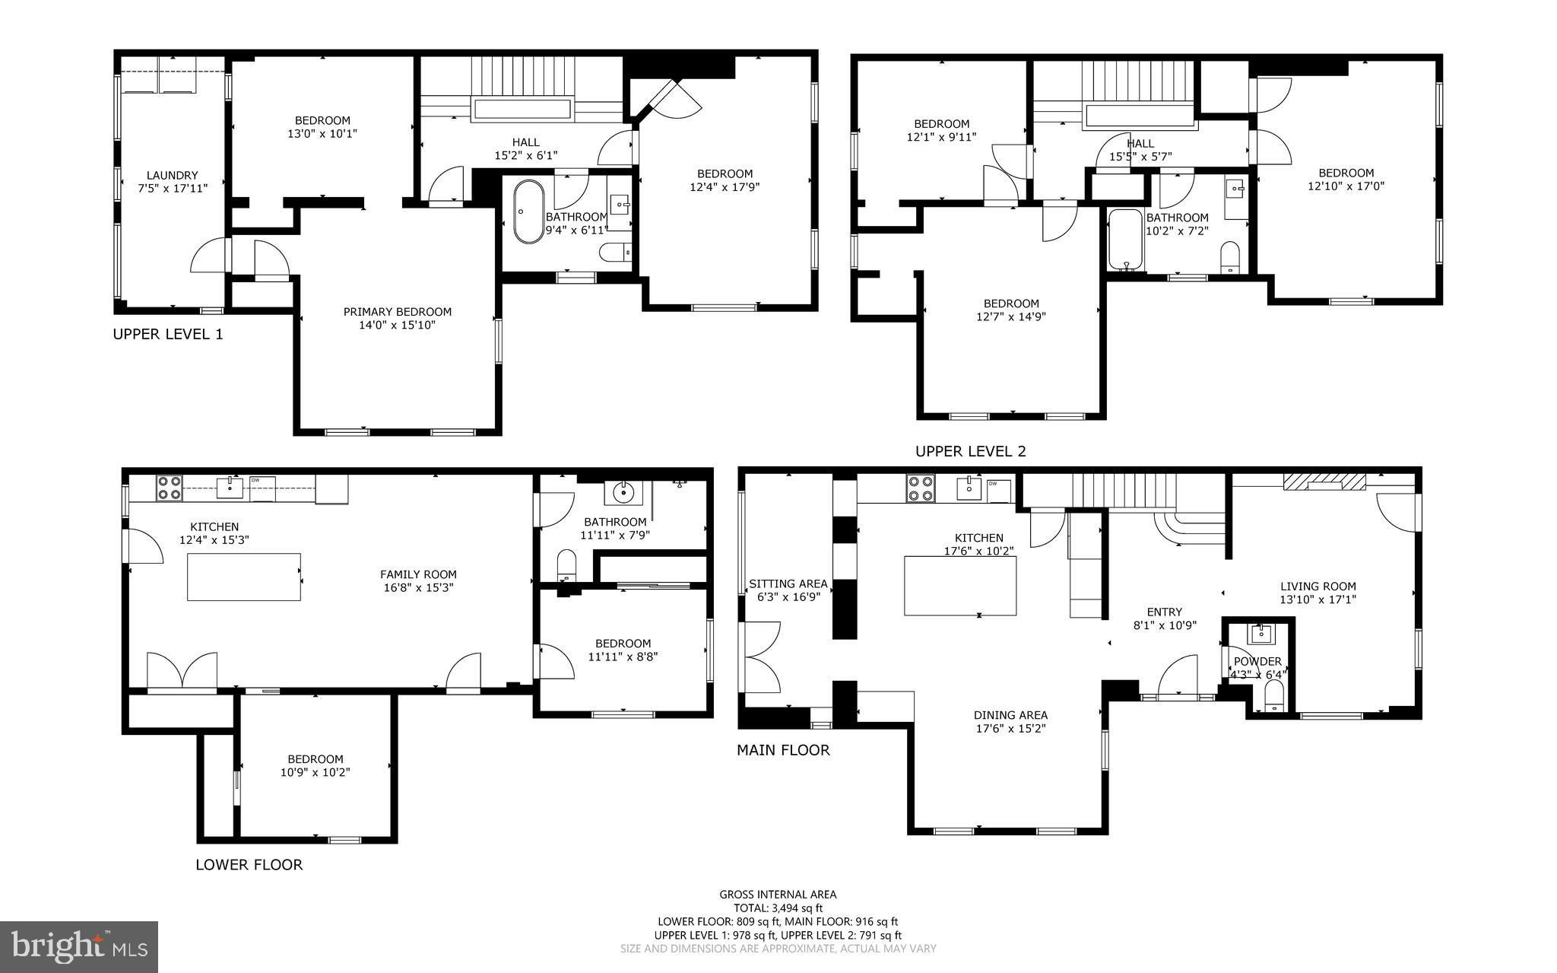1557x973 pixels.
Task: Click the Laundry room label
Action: click(172, 181)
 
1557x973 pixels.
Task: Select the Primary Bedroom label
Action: click(397, 318)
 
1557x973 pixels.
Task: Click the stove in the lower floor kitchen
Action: click(168, 488)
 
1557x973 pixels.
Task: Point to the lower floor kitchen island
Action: click(244, 577)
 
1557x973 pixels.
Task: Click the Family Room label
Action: click(418, 580)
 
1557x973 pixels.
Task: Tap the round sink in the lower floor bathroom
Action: click(623, 493)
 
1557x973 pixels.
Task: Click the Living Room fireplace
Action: click(1324, 482)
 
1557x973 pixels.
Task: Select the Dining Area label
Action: click(1010, 721)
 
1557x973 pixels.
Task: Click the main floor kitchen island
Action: click(960, 586)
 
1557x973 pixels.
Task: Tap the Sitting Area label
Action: click(788, 590)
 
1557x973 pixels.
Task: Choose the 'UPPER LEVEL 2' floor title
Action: click(970, 451)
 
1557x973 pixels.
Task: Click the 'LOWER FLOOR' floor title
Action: click(249, 864)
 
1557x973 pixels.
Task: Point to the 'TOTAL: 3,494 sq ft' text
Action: click(778, 908)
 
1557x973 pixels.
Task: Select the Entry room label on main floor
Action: click(1165, 618)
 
